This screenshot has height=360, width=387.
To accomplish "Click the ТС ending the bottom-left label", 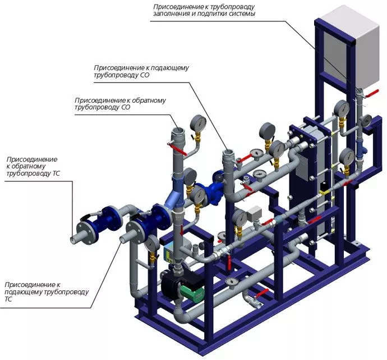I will (8, 300).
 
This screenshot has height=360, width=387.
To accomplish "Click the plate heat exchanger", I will (303, 168).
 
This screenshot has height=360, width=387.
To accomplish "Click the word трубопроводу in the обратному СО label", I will (96, 108).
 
